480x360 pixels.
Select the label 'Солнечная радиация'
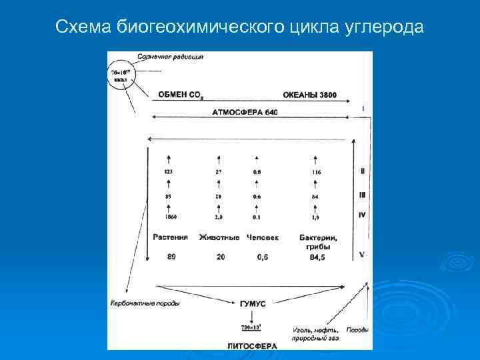171,57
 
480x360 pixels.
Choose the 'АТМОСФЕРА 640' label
245,112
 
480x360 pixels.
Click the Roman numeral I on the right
362,108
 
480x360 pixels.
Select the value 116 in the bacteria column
315,172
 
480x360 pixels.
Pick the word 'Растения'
170,237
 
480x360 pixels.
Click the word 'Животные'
219,237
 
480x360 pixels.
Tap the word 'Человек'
263,237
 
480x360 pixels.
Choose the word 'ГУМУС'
252,303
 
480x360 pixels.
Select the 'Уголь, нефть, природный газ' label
315,334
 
